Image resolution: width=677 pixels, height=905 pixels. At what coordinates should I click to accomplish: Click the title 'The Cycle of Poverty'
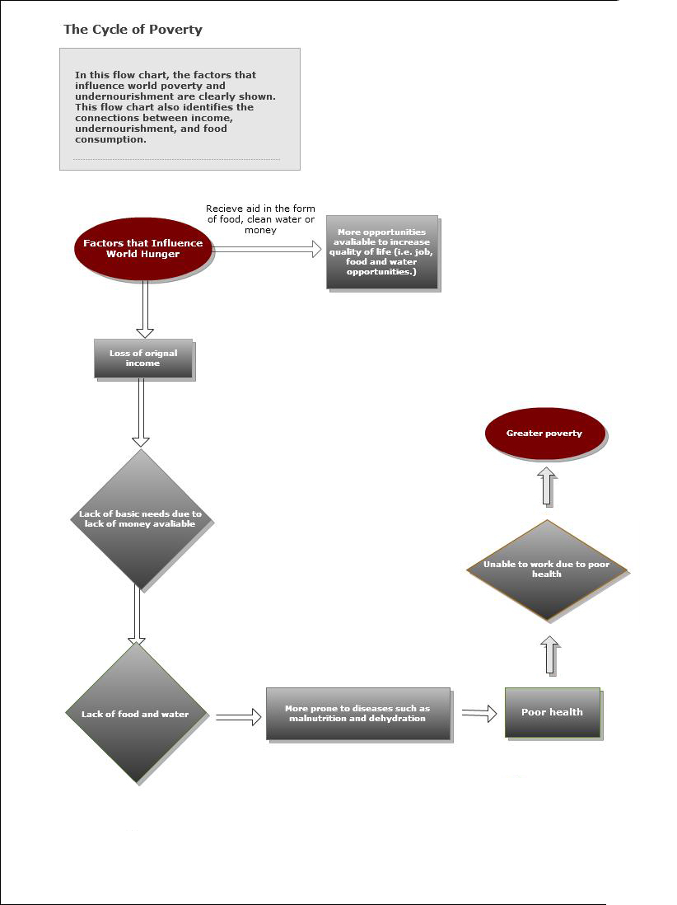[133, 30]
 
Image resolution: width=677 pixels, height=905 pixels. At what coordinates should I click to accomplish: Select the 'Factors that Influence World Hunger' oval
[142, 249]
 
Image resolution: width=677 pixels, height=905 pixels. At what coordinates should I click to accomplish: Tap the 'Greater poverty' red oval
[544, 434]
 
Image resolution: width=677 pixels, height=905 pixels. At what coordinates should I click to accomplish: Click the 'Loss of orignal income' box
[143, 359]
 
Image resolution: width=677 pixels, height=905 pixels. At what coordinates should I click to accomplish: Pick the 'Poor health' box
[552, 712]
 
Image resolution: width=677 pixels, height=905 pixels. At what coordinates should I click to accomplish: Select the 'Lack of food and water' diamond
[135, 714]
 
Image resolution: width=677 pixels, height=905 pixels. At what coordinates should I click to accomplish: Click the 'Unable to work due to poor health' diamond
[546, 570]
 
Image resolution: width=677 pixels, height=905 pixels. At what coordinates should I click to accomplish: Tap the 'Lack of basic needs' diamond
[140, 519]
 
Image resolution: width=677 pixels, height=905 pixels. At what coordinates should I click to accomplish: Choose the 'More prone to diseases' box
[357, 713]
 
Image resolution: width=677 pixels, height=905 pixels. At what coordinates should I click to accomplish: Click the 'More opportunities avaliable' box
[381, 252]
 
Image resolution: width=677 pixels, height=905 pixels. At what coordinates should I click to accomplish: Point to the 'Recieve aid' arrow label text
[260, 219]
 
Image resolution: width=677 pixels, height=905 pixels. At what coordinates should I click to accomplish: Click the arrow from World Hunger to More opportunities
[268, 250]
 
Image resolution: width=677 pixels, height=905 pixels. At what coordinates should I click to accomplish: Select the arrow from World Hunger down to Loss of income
[145, 309]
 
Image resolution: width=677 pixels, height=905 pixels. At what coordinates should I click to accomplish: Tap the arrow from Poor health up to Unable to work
[551, 656]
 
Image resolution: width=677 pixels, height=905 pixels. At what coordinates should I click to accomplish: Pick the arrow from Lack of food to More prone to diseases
[238, 718]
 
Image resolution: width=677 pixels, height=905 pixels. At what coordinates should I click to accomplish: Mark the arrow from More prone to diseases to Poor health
[479, 714]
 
